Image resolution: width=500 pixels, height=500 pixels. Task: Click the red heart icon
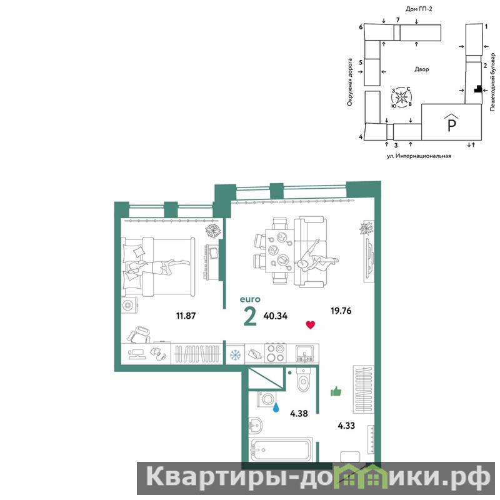(x=310, y=325)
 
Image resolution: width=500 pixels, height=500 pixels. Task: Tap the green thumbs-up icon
(x=336, y=391)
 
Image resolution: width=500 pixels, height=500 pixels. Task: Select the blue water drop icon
(x=276, y=407)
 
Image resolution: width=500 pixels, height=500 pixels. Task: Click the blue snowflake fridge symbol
(x=236, y=354)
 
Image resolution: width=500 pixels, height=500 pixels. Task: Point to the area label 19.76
(x=341, y=311)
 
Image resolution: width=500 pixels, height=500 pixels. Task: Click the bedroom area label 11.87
(x=186, y=316)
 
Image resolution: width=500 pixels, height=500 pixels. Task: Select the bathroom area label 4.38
(x=299, y=414)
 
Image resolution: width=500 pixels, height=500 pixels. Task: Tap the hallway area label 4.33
(x=346, y=426)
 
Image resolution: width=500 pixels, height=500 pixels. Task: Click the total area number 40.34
(x=276, y=316)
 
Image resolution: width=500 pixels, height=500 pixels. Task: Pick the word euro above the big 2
(x=250, y=299)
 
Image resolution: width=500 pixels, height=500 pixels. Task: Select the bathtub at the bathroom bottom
(x=279, y=449)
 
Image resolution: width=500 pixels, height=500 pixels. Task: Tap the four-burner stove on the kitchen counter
(x=276, y=353)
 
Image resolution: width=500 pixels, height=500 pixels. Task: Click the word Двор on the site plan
(x=421, y=69)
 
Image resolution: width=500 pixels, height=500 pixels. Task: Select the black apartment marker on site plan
(x=477, y=89)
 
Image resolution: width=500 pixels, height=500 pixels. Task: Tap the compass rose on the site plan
(x=402, y=97)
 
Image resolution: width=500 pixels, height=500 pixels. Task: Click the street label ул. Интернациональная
(x=419, y=156)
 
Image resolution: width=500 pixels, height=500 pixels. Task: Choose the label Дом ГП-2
(x=419, y=9)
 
